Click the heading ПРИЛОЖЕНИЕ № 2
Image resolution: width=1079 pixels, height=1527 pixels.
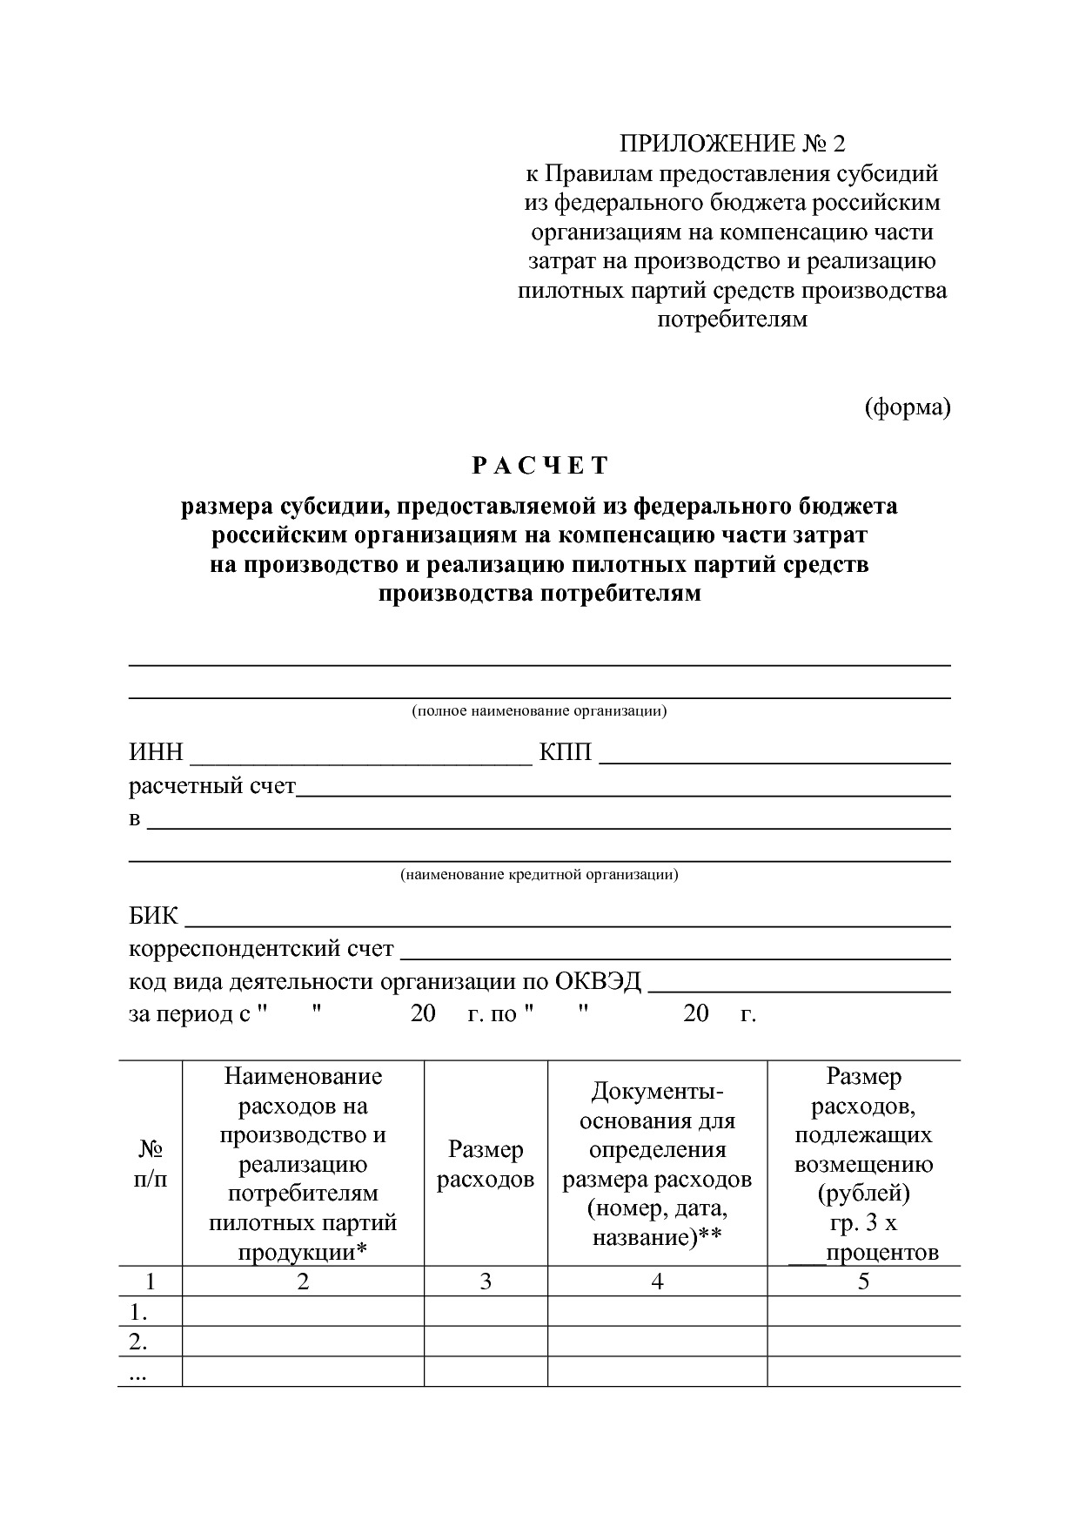[731, 144]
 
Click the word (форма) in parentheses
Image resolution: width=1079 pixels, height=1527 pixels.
[907, 407]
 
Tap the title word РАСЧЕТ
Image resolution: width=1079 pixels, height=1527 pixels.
[539, 466]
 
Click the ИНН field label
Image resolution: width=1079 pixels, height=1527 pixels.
[157, 752]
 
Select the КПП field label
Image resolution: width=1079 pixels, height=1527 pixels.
[566, 752]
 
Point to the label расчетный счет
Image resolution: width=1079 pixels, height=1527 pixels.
[212, 786]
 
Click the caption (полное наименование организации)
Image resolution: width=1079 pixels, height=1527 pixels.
[539, 711]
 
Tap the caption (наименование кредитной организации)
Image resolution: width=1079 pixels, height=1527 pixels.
[539, 875]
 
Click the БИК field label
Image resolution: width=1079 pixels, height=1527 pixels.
[154, 916]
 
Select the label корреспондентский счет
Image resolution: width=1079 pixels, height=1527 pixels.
[261, 949]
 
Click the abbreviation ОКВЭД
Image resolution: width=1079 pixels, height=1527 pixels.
[598, 982]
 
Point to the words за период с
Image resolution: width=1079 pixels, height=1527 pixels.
[189, 1014]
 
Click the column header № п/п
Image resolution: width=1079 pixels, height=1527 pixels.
[151, 1164]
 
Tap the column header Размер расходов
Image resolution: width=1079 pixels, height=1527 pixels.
[486, 1164]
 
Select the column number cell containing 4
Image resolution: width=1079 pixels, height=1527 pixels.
[657, 1281]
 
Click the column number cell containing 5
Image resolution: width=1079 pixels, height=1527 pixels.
[863, 1281]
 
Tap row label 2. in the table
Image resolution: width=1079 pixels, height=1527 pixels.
[138, 1342]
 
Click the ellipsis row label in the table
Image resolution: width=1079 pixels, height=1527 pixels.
[138, 1374]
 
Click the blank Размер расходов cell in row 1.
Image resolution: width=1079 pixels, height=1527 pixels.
[486, 1311]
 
